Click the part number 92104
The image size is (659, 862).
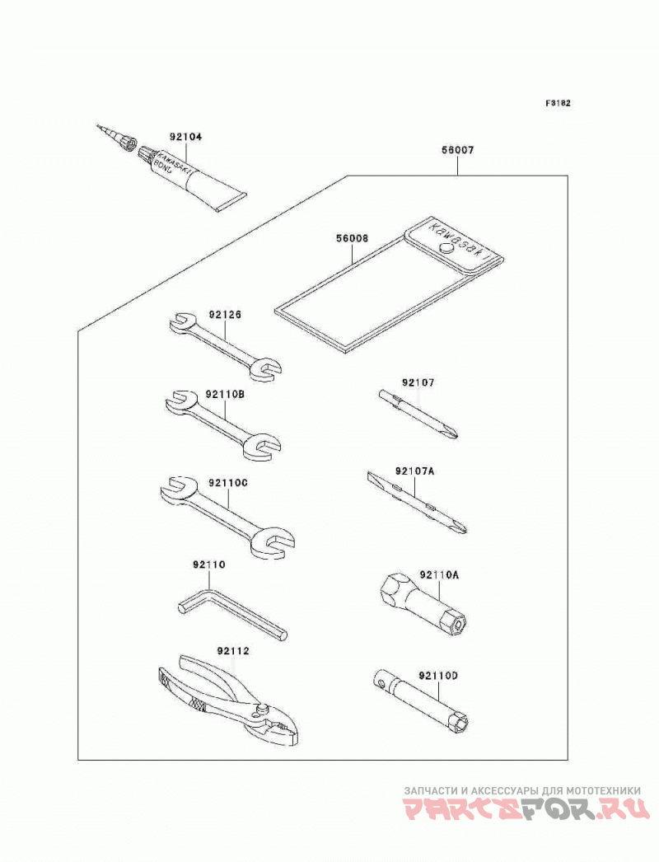tap(185, 137)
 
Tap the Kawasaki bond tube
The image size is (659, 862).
tap(193, 177)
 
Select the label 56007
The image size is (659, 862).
tap(457, 150)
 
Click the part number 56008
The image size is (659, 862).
tap(353, 239)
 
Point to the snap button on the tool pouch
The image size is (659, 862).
tap(447, 250)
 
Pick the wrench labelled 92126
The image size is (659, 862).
tap(226, 345)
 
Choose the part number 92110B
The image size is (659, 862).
tap(226, 394)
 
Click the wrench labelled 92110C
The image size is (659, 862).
tap(228, 516)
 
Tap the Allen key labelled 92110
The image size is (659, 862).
tap(231, 615)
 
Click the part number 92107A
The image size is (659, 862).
tap(414, 471)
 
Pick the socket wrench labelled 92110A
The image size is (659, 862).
tap(423, 602)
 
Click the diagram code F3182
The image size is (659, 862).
tap(558, 103)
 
